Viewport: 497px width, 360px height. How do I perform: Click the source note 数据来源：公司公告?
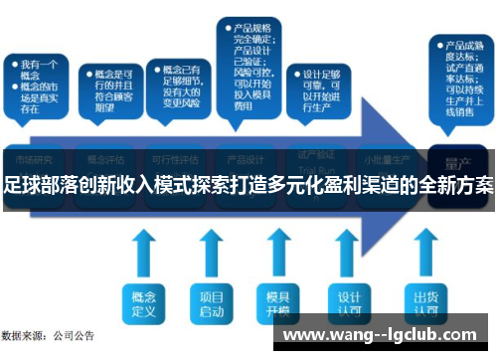[x=48, y=335]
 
